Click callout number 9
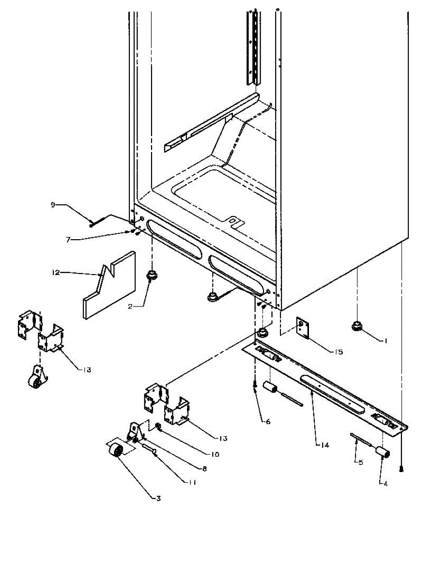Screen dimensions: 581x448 (x=53, y=205)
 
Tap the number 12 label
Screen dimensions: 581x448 (x=56, y=273)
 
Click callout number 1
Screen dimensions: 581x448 (x=386, y=341)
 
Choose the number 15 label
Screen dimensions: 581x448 (x=338, y=352)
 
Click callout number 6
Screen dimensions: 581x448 (x=268, y=421)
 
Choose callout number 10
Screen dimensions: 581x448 (x=215, y=454)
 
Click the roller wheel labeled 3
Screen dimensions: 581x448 (x=116, y=452)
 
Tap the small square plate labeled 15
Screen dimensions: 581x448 (x=303, y=328)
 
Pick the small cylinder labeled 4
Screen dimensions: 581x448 (x=384, y=453)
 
